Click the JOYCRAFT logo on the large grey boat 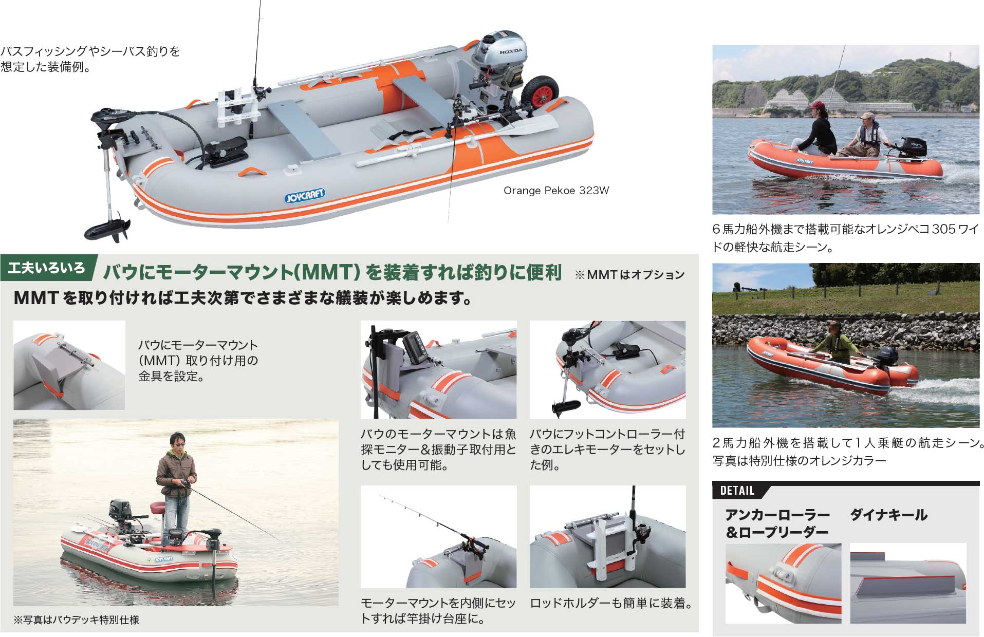tap(305, 196)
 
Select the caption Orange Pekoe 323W tap(556, 191)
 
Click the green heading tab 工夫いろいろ tap(47, 268)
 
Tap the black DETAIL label tap(737, 491)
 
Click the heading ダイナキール tap(888, 515)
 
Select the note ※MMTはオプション tap(629, 275)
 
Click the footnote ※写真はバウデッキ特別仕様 tap(77, 620)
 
